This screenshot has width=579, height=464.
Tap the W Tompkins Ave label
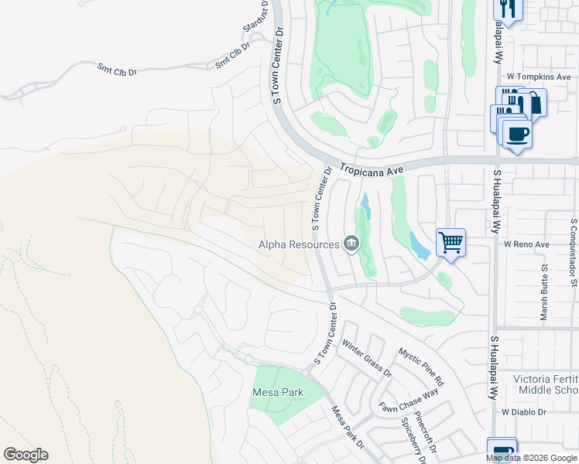click(x=539, y=77)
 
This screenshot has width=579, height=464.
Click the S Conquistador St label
click(x=574, y=251)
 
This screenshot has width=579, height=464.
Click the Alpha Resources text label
click(x=299, y=244)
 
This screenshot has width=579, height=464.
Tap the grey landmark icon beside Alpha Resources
click(x=351, y=244)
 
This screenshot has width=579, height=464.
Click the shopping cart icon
click(x=451, y=243)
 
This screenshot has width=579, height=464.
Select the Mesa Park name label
click(x=278, y=392)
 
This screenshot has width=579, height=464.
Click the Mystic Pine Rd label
click(x=421, y=367)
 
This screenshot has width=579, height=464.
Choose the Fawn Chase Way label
click(x=409, y=401)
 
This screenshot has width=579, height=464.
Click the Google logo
click(x=26, y=455)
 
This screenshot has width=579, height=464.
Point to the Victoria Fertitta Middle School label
click(x=546, y=386)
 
